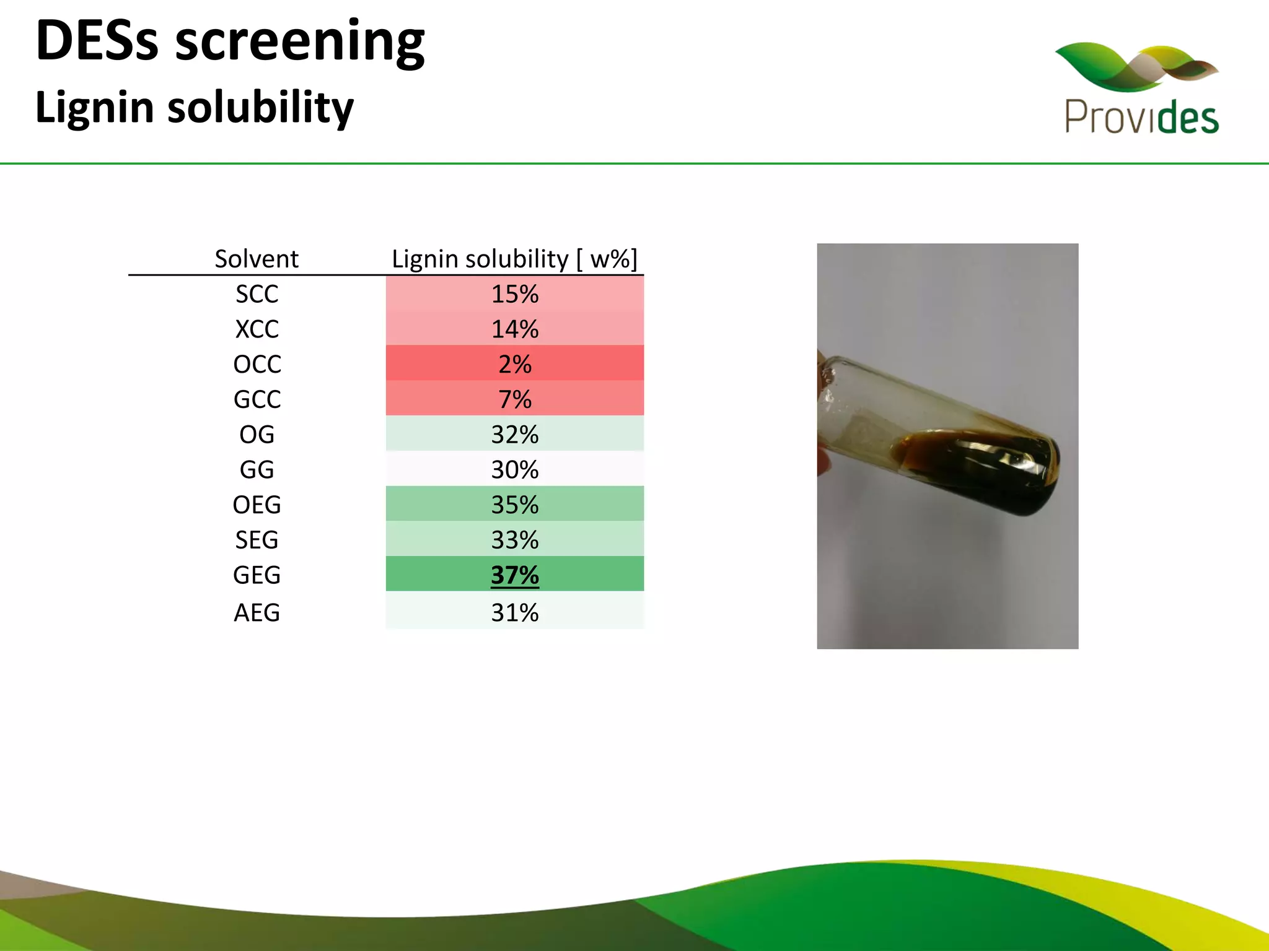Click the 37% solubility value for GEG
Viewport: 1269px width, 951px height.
(515, 575)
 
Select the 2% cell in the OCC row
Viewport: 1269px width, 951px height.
(515, 364)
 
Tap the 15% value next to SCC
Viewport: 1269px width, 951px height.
(515, 293)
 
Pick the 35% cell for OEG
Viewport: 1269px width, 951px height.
(515, 505)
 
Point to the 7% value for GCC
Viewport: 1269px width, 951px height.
(515, 399)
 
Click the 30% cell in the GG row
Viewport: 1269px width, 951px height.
(515, 469)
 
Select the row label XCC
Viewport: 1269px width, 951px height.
(257, 329)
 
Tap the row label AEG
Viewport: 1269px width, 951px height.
(257, 613)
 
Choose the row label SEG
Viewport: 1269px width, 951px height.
(257, 540)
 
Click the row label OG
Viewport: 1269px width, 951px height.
(257, 435)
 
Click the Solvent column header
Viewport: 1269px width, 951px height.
(257, 259)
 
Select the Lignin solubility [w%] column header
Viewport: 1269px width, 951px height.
(514, 259)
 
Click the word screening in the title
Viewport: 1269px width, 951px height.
(300, 42)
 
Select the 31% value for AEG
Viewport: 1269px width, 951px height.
(515, 613)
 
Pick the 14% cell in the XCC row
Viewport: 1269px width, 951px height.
(515, 329)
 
